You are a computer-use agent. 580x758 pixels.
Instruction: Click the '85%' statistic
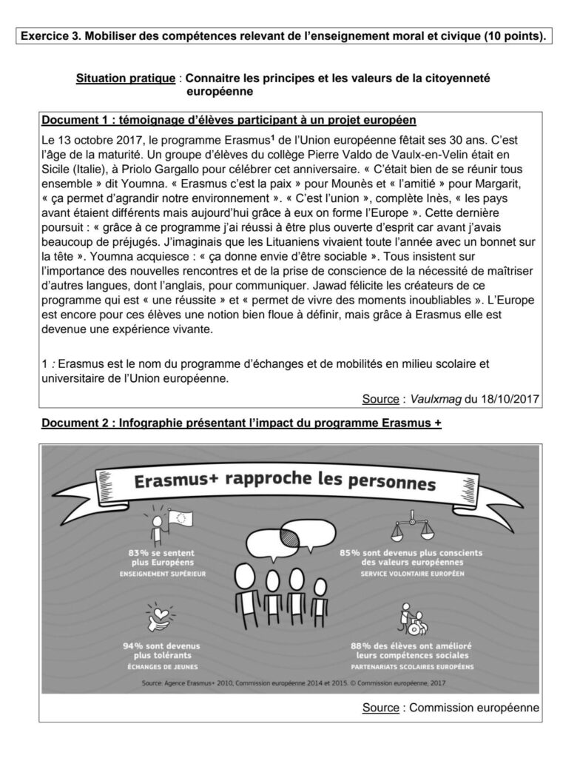tap(352, 553)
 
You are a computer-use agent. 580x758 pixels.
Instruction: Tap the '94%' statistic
tap(133, 645)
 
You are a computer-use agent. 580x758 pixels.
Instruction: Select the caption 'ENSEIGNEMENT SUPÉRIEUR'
tap(161, 574)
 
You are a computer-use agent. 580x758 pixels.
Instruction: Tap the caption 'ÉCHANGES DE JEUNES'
tap(161, 665)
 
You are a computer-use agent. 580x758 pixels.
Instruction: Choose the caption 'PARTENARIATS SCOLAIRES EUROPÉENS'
tap(411, 665)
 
